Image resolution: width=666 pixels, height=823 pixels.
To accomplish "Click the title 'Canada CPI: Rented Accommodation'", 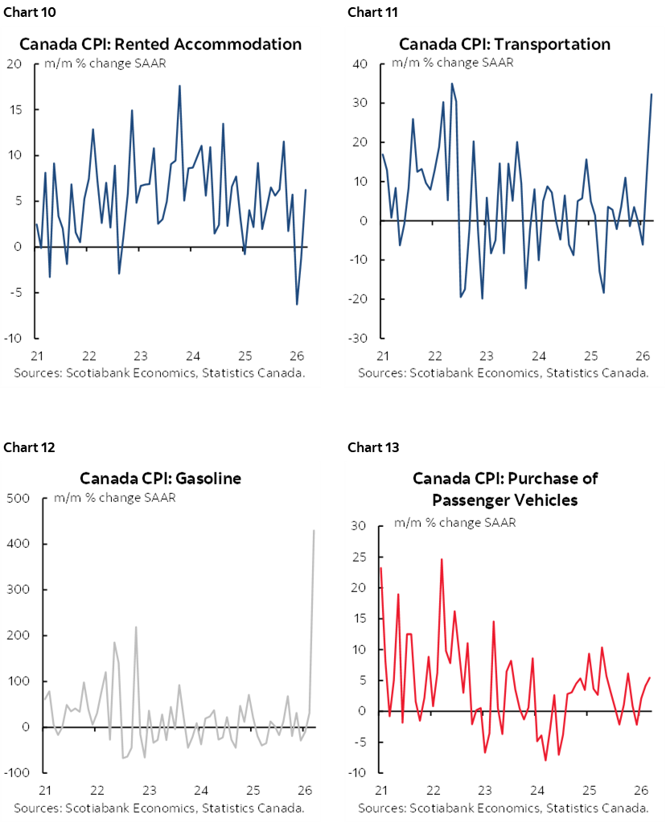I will click(x=161, y=44).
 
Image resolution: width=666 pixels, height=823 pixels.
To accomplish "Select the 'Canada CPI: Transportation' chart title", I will click(x=504, y=44).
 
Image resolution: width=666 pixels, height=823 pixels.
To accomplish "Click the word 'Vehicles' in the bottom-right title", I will click(x=545, y=500).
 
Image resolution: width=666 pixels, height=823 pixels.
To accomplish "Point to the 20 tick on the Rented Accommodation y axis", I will click(x=14, y=64).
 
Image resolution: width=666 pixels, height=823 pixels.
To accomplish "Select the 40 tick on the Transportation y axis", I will click(x=360, y=64).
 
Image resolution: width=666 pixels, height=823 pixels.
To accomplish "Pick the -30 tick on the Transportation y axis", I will click(x=358, y=338).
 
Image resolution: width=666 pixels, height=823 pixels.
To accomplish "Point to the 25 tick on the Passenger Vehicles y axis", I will click(x=360, y=558).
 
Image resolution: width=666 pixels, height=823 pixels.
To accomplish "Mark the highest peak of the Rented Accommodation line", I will click(x=179, y=85).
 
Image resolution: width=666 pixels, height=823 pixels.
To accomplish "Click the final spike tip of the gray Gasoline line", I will click(x=314, y=530).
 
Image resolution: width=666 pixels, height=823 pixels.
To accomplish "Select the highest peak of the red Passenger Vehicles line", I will click(x=442, y=559).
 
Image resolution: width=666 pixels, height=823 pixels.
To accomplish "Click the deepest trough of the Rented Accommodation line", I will click(x=297, y=304).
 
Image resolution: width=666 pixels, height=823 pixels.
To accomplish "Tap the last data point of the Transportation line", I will click(x=651, y=94).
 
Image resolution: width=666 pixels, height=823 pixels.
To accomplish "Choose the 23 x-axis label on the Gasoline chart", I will click(x=150, y=790).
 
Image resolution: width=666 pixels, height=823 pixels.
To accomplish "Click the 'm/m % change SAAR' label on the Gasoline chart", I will click(x=115, y=497).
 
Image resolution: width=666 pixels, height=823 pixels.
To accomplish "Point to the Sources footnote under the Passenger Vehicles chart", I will click(x=504, y=808).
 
